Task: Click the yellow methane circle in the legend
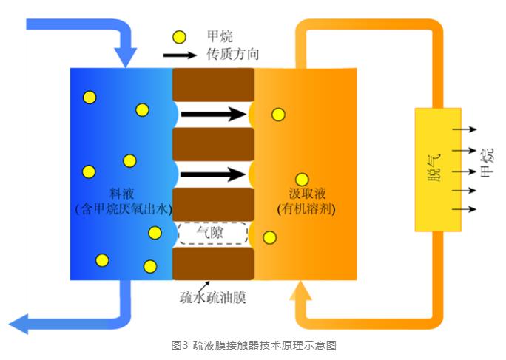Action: [x=178, y=36]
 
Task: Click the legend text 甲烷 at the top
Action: [x=221, y=36]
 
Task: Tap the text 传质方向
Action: [x=234, y=55]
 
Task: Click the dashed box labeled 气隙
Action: [x=212, y=234]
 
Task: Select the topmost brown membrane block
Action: [x=213, y=84]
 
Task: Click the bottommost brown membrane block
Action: [x=213, y=263]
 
